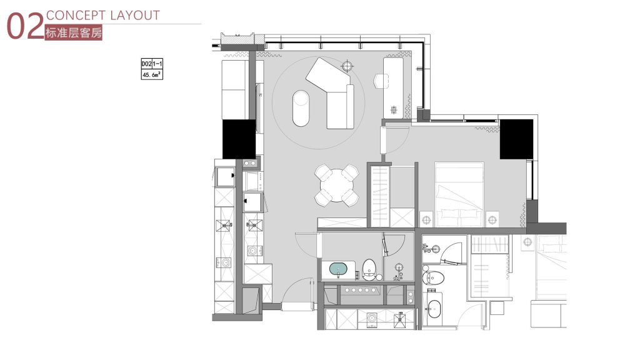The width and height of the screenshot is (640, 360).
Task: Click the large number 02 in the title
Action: tap(25, 26)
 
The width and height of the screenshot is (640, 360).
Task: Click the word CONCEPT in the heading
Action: tap(76, 16)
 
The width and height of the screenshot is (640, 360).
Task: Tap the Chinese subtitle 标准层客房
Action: tap(74, 32)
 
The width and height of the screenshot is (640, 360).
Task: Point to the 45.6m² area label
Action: tap(152, 75)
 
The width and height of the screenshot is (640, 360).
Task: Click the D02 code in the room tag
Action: tap(146, 64)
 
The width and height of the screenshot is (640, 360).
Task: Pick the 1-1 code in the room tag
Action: tap(157, 64)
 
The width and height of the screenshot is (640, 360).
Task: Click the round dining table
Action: tap(337, 185)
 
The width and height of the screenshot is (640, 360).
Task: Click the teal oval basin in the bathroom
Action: tap(338, 269)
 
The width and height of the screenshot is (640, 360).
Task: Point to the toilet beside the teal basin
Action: tap(369, 269)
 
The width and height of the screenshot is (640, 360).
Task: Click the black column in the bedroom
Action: tap(516, 139)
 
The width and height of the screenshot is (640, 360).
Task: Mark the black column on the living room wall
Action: tap(239, 139)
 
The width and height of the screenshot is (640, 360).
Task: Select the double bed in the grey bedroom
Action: tap(459, 195)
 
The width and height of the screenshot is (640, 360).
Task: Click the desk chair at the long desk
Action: tap(381, 81)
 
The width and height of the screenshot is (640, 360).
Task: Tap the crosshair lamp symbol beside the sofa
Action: tap(347, 65)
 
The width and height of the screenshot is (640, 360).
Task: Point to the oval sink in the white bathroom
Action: tap(434, 309)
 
